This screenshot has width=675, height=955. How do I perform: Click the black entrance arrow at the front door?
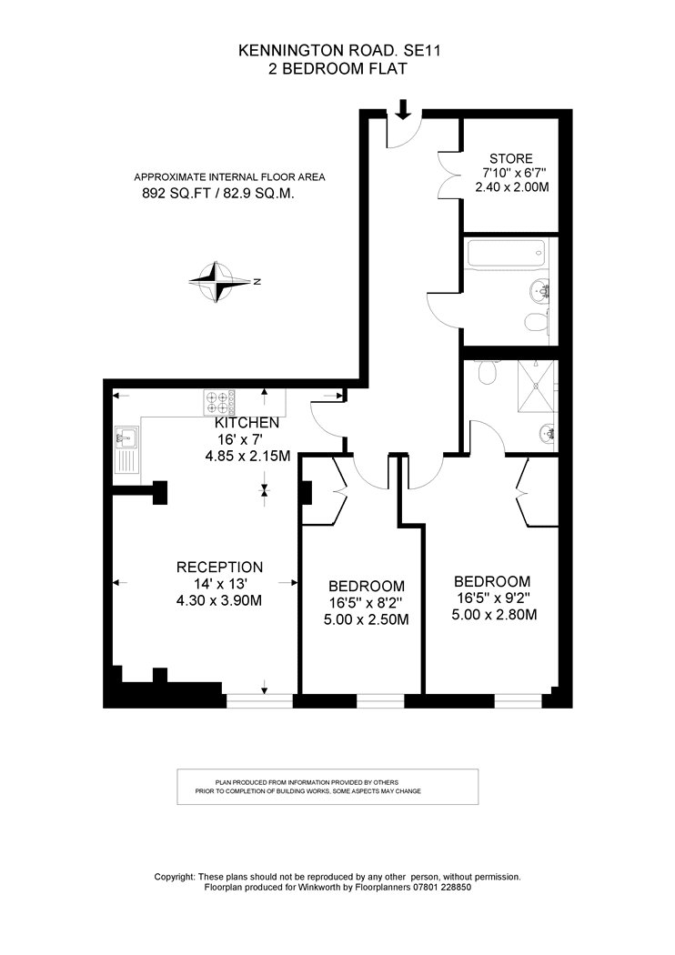pos(403,108)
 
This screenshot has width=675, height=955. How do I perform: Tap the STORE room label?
pos(510,159)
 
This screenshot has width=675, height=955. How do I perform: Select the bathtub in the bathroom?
pos(505,253)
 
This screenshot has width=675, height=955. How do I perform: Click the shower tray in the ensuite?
pos(537,387)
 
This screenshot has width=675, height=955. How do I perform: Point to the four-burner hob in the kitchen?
pos(219,403)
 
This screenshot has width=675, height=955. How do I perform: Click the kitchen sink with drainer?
pos(126,449)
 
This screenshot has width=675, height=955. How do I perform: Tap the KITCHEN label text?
pos(247,423)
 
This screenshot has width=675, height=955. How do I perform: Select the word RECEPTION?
pos(220,567)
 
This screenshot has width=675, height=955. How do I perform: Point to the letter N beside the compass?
pos(257,281)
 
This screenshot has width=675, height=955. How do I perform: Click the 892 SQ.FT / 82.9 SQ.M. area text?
pos(218,194)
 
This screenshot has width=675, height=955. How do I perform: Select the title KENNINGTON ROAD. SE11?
pos(339,52)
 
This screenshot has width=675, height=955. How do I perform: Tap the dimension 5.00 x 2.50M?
pos(366,620)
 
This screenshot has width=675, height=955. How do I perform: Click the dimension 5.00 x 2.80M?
pos(494,615)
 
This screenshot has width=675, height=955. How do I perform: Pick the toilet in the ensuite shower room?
pos(489,371)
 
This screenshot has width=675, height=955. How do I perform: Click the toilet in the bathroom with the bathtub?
pos(536,320)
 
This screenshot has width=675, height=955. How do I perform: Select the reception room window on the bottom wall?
pos(259,701)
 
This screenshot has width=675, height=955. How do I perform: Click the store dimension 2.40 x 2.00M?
pos(512,187)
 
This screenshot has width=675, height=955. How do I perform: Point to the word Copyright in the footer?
pos(175,877)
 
